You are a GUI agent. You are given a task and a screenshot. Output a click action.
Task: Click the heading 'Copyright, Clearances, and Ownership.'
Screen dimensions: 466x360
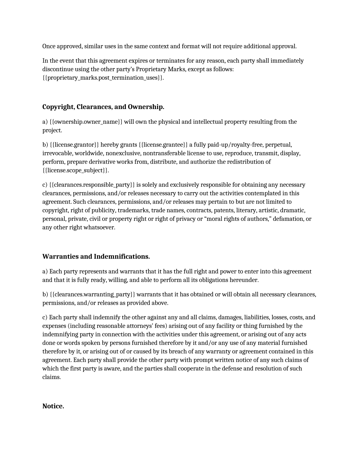click(103, 107)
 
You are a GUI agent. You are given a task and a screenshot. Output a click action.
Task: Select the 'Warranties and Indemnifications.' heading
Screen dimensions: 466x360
click(96, 256)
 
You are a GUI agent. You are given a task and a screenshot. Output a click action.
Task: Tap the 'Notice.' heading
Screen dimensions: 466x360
click(53, 406)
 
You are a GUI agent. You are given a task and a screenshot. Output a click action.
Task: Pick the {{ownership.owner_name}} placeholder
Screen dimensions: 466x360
click(86, 122)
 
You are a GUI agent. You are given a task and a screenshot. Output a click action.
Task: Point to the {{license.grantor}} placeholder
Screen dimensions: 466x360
click(74, 145)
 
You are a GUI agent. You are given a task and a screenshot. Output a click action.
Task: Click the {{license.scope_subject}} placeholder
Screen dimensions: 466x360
click(75, 170)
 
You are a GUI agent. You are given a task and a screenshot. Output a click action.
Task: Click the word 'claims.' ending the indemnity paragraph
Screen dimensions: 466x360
click(51, 377)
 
